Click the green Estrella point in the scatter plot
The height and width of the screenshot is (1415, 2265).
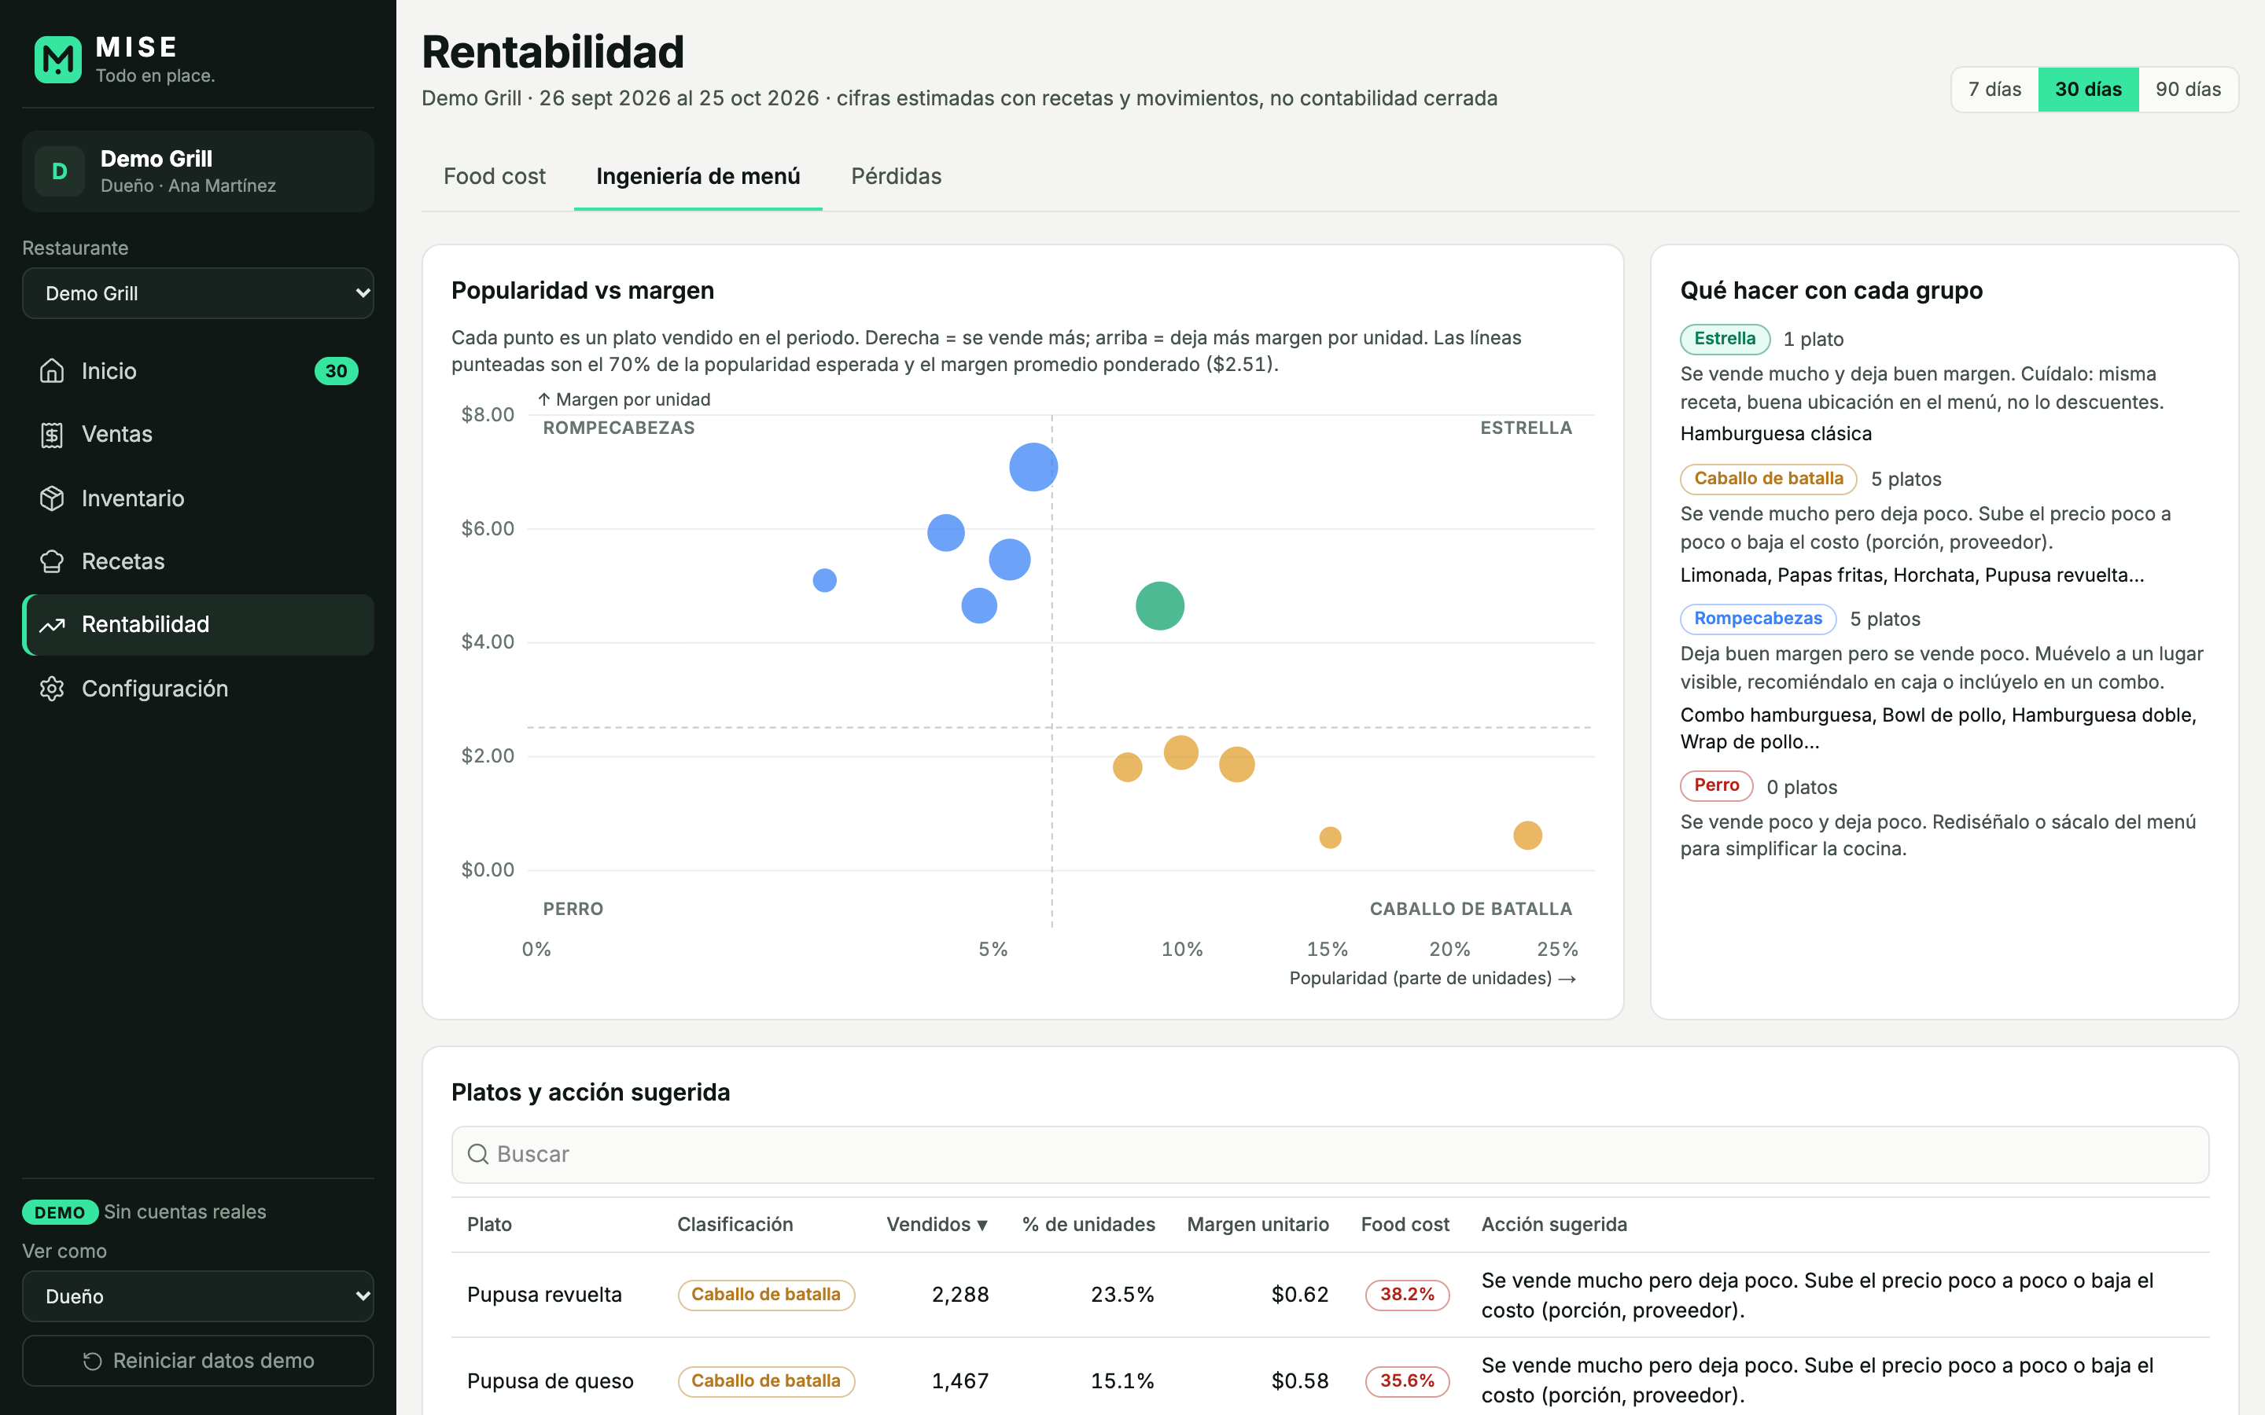coord(1160,605)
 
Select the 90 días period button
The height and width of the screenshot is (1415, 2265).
coord(2187,90)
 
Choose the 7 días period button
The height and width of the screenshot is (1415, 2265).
coord(1994,90)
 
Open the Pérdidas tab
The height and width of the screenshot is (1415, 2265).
coord(896,176)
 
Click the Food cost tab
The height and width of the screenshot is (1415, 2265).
coord(494,176)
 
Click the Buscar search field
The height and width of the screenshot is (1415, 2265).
coord(1330,1154)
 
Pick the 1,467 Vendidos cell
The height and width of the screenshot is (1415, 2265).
coord(960,1380)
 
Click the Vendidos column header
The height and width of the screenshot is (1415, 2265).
coord(937,1224)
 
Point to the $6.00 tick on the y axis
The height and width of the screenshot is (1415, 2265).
coord(488,529)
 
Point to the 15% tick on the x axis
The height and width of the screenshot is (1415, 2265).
coord(1328,949)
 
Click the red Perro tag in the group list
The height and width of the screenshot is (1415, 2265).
coord(1717,785)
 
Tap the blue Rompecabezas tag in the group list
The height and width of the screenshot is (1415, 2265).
coord(1758,619)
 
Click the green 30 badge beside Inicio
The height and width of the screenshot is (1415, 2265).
coord(336,372)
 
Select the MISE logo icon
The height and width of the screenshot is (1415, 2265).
coord(58,60)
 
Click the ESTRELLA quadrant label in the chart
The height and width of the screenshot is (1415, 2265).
coord(1526,428)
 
